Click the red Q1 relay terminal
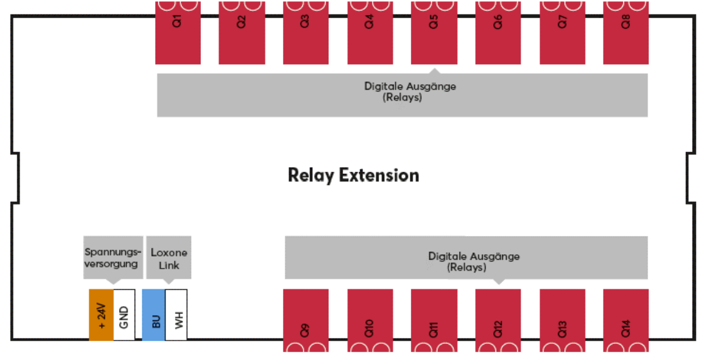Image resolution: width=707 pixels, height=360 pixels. (178, 33)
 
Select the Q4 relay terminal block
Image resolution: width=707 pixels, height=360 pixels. (370, 33)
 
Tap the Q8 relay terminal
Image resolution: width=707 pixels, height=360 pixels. (626, 33)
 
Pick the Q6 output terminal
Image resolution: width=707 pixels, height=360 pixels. (498, 33)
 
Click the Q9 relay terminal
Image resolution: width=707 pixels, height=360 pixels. (306, 320)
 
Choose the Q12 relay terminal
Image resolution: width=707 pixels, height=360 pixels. (498, 320)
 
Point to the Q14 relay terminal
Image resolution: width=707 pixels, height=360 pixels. (626, 320)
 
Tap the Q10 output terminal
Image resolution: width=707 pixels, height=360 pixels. (370, 320)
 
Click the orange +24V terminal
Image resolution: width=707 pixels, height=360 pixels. (101, 315)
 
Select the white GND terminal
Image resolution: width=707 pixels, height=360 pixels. (124, 315)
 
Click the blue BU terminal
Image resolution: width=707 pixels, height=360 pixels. (154, 315)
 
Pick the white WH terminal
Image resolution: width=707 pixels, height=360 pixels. (177, 315)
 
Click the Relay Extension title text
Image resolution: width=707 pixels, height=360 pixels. (353, 176)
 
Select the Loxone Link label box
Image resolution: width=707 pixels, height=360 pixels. (169, 259)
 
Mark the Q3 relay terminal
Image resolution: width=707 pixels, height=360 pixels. (306, 33)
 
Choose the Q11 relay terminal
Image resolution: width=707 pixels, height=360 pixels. (434, 320)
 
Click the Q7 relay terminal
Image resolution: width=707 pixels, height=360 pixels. (562, 33)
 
